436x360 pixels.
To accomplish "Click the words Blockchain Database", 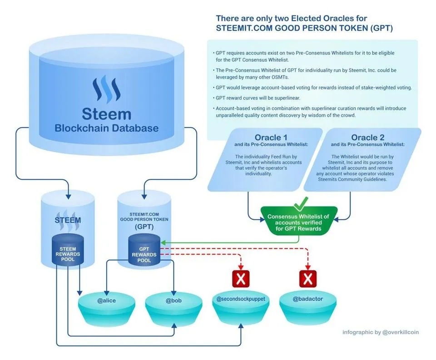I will (x=106, y=128).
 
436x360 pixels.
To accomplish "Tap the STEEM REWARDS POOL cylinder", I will (x=68, y=251).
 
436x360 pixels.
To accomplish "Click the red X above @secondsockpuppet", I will (x=241, y=279).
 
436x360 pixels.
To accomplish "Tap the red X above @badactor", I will (x=307, y=279).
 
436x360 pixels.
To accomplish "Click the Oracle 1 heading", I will (x=271, y=138).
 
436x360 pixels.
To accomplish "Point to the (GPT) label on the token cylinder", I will (x=144, y=227).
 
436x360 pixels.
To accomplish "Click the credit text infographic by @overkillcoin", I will (x=380, y=332).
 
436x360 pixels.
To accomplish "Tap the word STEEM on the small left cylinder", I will (x=68, y=220).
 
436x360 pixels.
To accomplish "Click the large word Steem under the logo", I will (x=106, y=113).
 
